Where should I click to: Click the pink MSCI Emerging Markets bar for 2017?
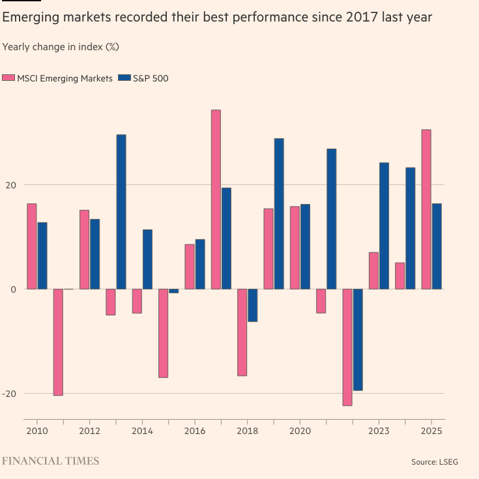(216, 199)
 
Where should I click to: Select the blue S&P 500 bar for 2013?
(121, 212)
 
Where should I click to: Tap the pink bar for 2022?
(347, 347)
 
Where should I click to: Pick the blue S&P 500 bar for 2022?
(358, 340)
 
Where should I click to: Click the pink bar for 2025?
(426, 209)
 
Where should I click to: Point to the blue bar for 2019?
(279, 214)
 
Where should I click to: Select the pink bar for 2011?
(58, 342)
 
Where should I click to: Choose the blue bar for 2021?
(332, 219)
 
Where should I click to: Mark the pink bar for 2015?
(163, 333)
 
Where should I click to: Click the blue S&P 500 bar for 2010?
(42, 255)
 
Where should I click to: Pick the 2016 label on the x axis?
(194, 431)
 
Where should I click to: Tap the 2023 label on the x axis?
(379, 431)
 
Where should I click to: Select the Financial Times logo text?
(51, 461)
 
